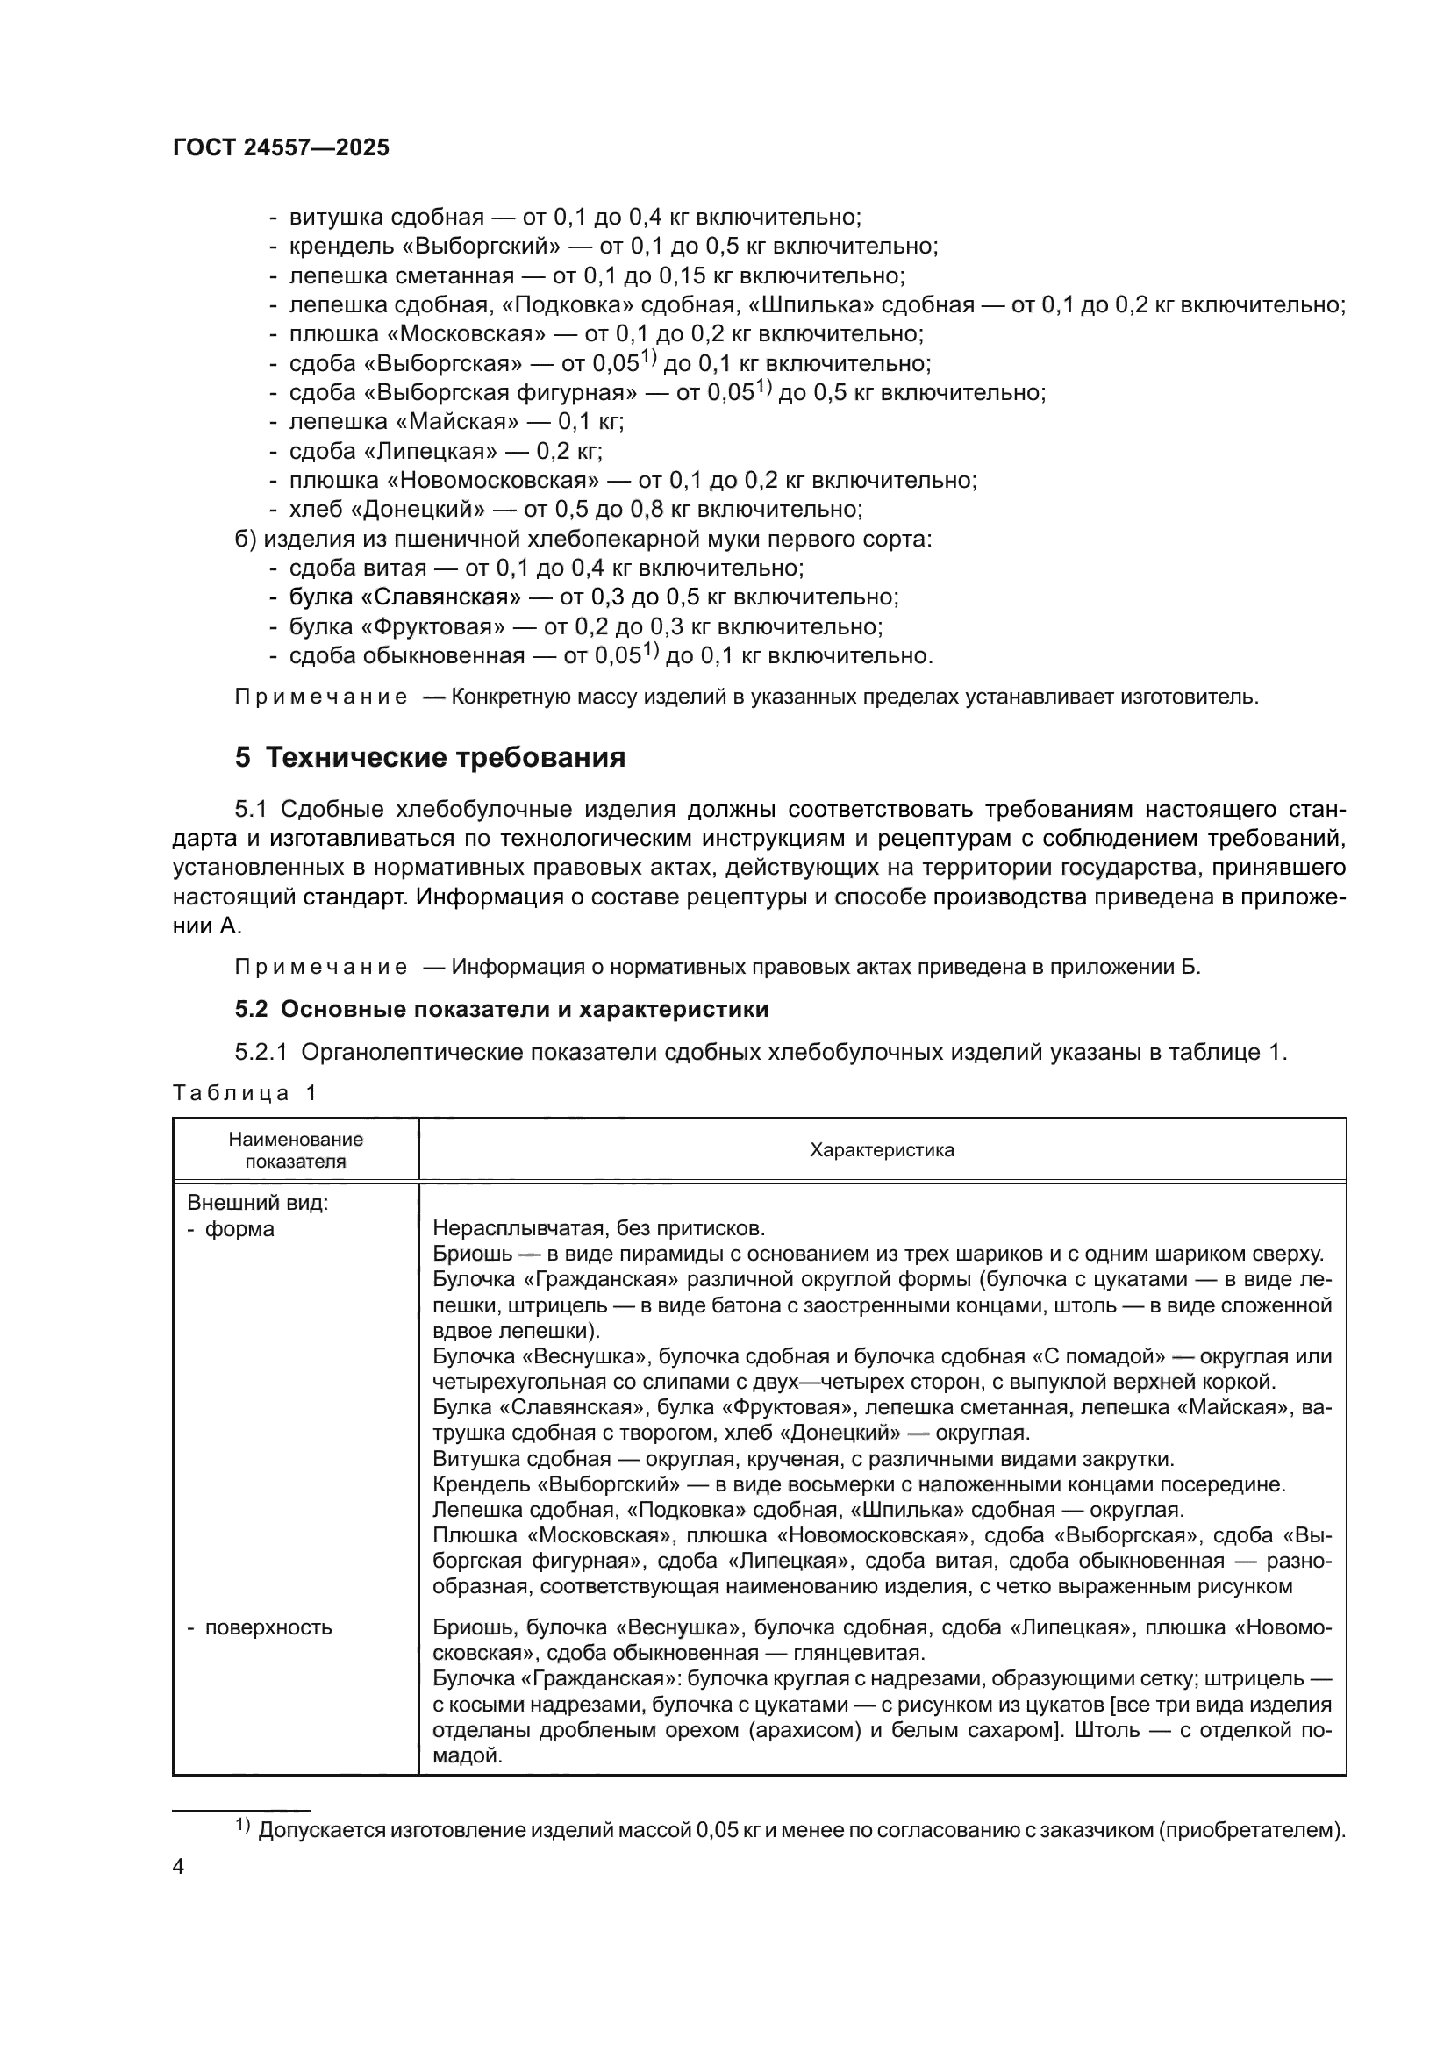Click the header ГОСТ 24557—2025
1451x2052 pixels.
click(x=281, y=148)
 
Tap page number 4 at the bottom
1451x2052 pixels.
click(x=178, y=1867)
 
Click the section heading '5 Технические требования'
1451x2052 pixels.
click(x=430, y=758)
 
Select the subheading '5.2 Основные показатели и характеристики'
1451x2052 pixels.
click(x=501, y=1009)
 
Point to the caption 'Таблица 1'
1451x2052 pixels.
click(x=245, y=1092)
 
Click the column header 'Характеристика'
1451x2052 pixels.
click(x=881, y=1150)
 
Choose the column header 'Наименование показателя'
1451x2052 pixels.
click(x=296, y=1150)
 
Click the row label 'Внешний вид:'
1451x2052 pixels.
click(x=257, y=1203)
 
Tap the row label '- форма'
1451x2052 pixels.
click(x=231, y=1229)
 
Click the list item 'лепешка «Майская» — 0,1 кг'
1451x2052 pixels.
click(x=455, y=421)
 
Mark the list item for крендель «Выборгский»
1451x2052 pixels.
click(x=613, y=246)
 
